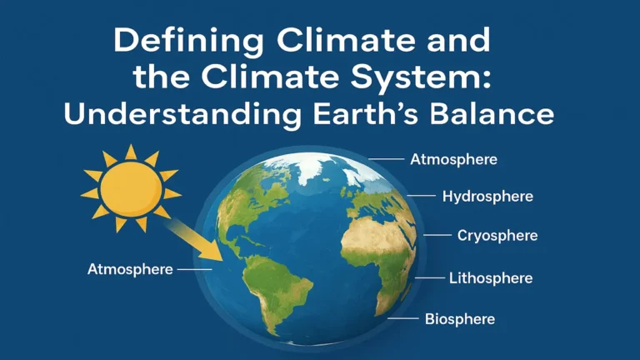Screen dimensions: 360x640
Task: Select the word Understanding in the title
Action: [x=182, y=112]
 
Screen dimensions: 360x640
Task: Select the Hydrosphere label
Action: [x=487, y=197]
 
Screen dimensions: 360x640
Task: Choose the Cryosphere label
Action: [x=497, y=236]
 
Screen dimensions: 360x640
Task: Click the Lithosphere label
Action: [x=490, y=277]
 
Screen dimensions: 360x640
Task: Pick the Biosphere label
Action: [x=460, y=318]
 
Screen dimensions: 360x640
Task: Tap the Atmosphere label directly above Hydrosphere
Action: [x=454, y=158]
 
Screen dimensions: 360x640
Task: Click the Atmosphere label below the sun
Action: [x=130, y=269]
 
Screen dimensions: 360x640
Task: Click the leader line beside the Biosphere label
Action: [x=404, y=318]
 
